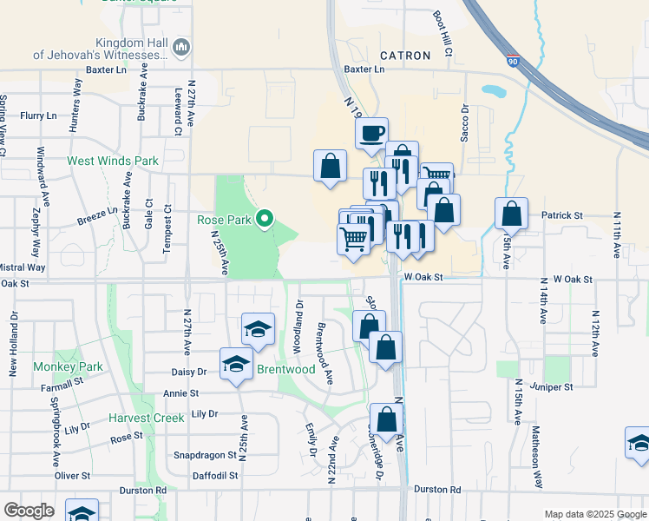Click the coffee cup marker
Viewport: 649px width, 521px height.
pos(372,134)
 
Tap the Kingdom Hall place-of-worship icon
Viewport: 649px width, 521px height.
pos(182,47)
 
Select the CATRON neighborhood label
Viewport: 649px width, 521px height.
pos(403,56)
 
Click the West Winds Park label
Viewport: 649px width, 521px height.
pos(113,161)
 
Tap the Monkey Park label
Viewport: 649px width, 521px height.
pos(69,366)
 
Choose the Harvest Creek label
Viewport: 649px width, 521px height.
pos(147,418)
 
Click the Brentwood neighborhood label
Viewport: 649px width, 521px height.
pos(286,369)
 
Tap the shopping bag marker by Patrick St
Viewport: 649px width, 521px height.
pos(512,214)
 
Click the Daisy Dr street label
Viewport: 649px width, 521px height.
pos(190,371)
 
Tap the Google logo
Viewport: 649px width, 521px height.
pos(29,511)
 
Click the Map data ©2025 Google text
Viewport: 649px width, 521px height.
pos(594,514)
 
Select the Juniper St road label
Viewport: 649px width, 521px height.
pos(556,386)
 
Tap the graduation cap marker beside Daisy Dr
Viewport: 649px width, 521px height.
pos(235,365)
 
